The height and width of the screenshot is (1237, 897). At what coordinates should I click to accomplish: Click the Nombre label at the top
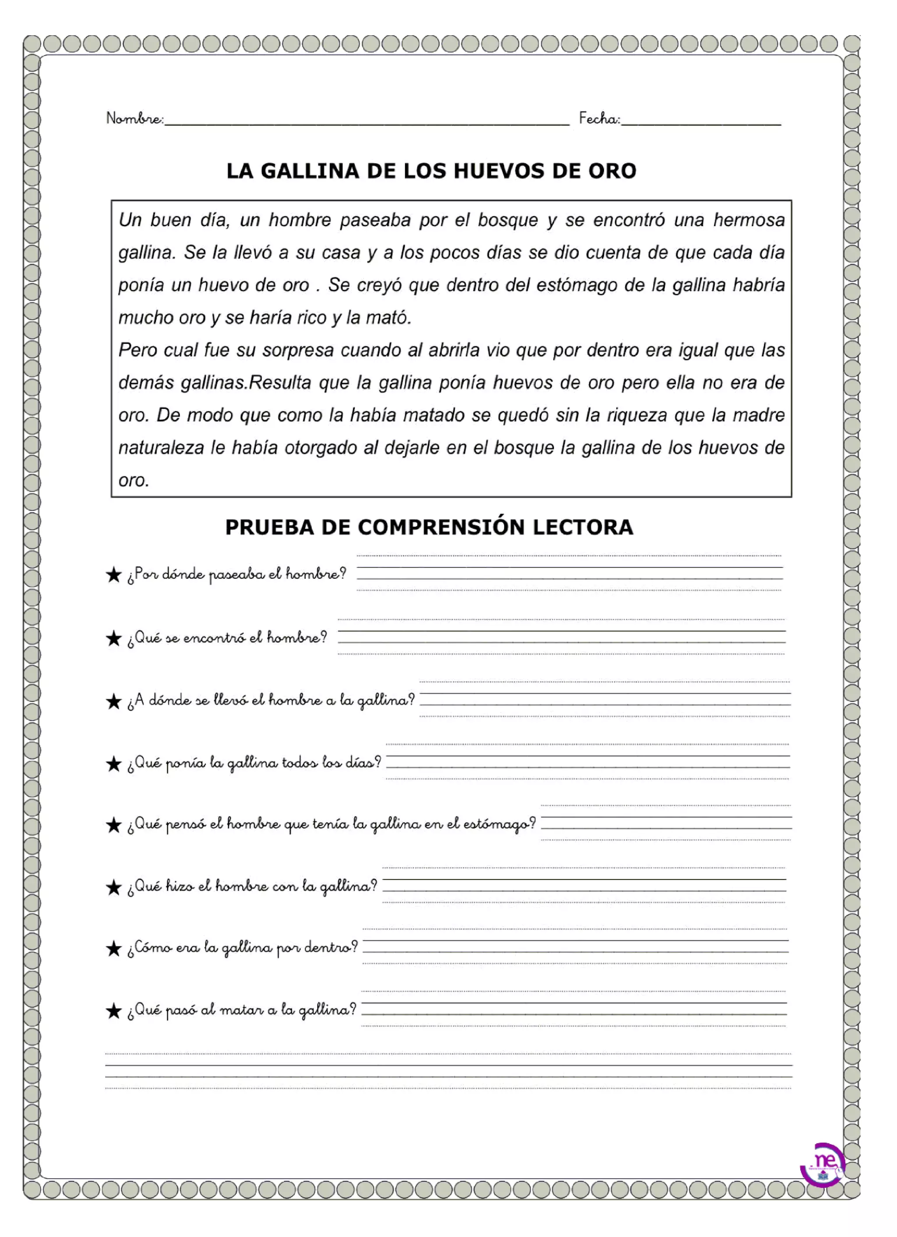point(134,118)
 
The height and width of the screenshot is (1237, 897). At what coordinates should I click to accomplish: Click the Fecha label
point(599,118)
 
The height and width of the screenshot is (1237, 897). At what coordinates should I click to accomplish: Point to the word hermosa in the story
point(749,220)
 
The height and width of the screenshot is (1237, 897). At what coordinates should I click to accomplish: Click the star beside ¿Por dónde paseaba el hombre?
point(113,575)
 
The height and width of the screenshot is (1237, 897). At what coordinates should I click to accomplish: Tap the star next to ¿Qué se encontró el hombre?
point(113,638)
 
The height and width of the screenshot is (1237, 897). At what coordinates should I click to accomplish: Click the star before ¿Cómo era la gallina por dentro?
point(113,949)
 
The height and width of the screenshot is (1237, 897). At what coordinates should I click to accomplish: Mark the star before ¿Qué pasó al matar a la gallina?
point(113,1011)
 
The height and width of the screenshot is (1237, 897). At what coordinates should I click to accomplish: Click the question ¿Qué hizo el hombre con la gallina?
point(251,887)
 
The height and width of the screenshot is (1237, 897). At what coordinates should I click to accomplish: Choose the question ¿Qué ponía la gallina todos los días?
point(254,763)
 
